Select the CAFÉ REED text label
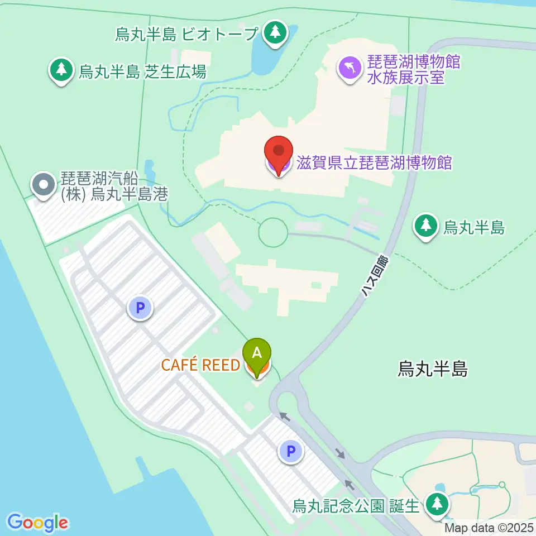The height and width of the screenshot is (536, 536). [200, 365]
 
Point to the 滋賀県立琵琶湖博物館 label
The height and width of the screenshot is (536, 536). [372, 163]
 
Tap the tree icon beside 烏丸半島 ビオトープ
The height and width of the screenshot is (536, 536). [274, 32]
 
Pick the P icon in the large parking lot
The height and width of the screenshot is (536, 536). [140, 307]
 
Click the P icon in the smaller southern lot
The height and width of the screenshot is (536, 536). [290, 451]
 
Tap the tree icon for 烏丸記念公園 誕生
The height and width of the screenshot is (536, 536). [436, 504]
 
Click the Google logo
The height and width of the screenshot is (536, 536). [38, 523]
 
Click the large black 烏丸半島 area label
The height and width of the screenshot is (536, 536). [433, 368]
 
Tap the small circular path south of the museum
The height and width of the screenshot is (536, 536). [274, 232]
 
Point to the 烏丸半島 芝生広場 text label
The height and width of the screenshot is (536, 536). [142, 71]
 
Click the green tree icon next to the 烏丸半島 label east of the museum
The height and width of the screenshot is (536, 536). [426, 226]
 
